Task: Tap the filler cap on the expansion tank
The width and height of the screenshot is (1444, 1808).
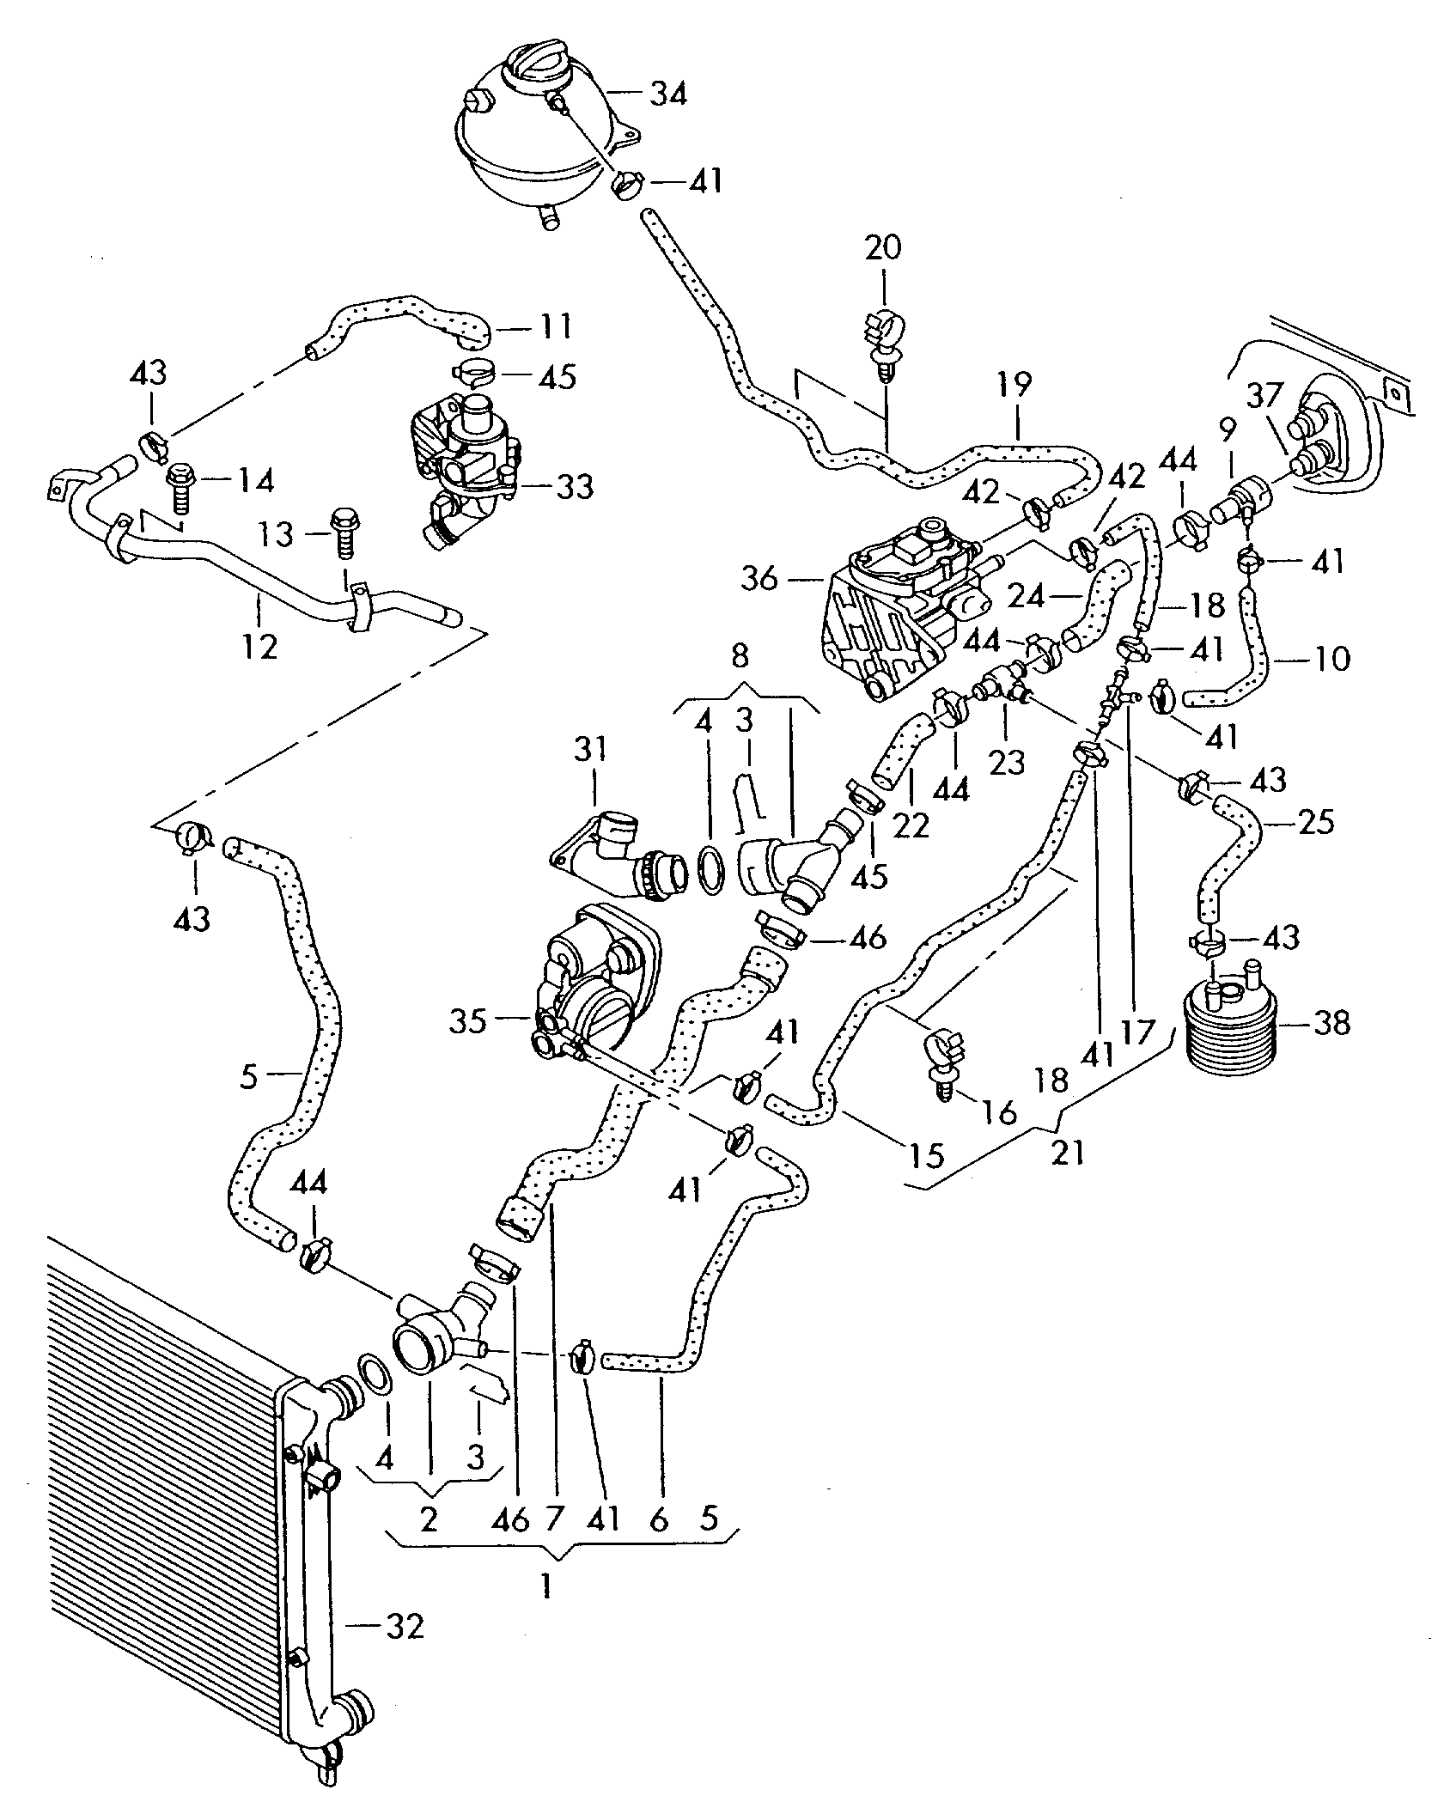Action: click(x=540, y=67)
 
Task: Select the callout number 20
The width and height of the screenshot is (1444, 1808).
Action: click(x=883, y=247)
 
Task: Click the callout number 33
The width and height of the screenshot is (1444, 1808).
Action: click(x=574, y=487)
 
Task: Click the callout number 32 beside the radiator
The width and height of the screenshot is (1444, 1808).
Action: click(x=403, y=1626)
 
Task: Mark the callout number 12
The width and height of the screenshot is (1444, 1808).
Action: click(x=259, y=645)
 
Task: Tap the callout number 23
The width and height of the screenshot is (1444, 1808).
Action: click(x=1007, y=761)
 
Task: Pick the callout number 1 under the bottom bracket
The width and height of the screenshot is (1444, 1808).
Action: click(x=545, y=1585)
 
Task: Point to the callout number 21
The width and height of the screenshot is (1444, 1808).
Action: click(x=1069, y=1153)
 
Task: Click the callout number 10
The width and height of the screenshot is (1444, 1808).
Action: click(x=1331, y=659)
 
